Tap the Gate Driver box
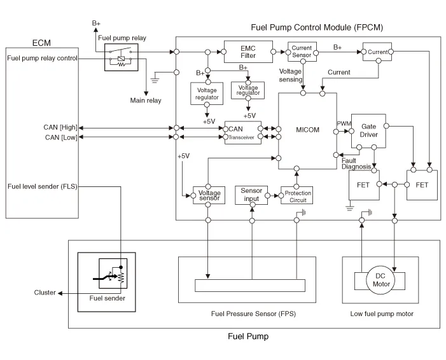[x=368, y=131]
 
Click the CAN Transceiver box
[x=242, y=132]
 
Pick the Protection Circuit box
[x=297, y=195]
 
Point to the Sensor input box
[x=252, y=195]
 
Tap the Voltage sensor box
[x=209, y=195]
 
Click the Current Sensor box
[x=302, y=51]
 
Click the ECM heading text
[x=41, y=43]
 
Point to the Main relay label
[x=146, y=100]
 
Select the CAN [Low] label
[x=61, y=137]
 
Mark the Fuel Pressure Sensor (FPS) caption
[x=253, y=314]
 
